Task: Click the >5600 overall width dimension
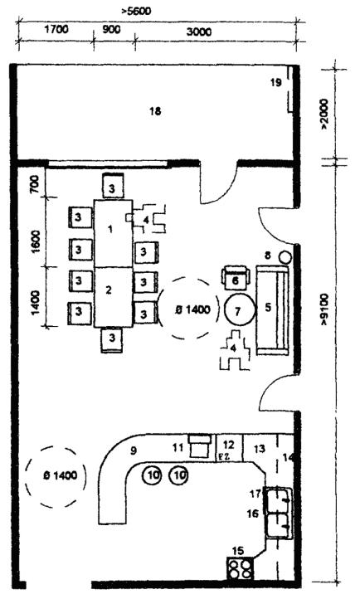[x=136, y=11]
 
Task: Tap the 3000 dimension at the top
[x=199, y=32]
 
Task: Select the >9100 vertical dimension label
[x=324, y=309]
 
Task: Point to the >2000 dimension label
[x=324, y=114]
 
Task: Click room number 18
[x=155, y=111]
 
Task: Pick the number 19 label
[x=276, y=82]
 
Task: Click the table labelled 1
[x=114, y=232]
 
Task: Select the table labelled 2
[x=114, y=297]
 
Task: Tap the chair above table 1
[x=113, y=186]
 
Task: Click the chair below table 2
[x=112, y=339]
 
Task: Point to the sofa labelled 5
[x=273, y=309]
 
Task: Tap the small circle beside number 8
[x=285, y=256]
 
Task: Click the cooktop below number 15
[x=241, y=568]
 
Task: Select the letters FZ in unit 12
[x=222, y=456]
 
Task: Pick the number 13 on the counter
[x=259, y=449]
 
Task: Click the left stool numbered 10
[x=153, y=475]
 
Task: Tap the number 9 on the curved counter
[x=134, y=450]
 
